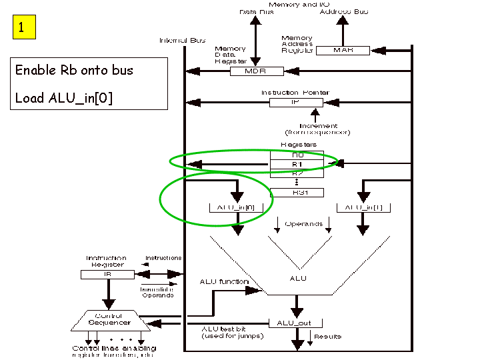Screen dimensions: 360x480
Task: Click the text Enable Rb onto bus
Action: pyautogui.click(x=74, y=70)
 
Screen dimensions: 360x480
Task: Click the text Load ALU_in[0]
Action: pyautogui.click(x=64, y=98)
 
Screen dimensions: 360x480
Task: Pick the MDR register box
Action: pyautogui.click(x=256, y=71)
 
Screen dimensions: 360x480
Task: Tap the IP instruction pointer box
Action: pyautogui.click(x=296, y=103)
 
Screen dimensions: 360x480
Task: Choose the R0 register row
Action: pyautogui.click(x=296, y=155)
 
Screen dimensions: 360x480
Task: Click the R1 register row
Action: pyautogui.click(x=296, y=164)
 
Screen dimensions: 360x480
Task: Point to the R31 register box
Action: pyautogui.click(x=296, y=193)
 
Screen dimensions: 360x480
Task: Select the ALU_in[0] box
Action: pyautogui.click(x=237, y=208)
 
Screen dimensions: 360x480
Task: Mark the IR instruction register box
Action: pyautogui.click(x=107, y=274)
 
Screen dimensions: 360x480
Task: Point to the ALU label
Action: pyautogui.click(x=298, y=278)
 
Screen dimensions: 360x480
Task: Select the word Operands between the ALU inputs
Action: pyautogui.click(x=303, y=224)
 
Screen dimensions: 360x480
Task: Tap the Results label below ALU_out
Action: pyautogui.click(x=327, y=337)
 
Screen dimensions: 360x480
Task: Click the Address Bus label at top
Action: pyautogui.click(x=343, y=12)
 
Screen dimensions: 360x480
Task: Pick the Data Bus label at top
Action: pyautogui.click(x=256, y=12)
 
